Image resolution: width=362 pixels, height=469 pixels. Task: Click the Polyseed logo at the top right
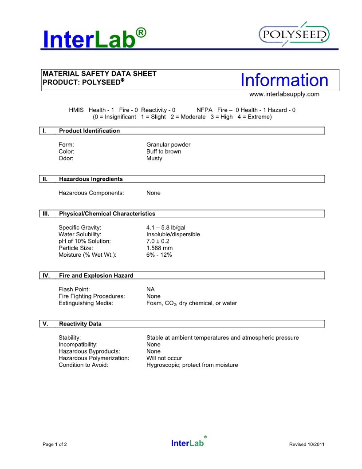[x=294, y=35]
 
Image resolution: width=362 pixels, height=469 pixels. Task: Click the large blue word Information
[x=284, y=80]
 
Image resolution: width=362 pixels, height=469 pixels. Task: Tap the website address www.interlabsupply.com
[x=284, y=94]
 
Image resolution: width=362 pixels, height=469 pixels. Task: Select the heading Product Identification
[x=89, y=131]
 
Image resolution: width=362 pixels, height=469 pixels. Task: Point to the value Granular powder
[x=168, y=145]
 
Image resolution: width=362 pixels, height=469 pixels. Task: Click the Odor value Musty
[x=154, y=159]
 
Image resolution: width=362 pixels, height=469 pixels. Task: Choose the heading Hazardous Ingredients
[x=91, y=179]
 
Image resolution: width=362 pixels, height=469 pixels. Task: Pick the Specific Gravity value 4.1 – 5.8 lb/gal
[x=166, y=227]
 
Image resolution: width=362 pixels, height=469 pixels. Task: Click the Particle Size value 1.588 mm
[x=160, y=248]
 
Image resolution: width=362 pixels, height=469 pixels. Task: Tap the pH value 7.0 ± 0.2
[x=158, y=241]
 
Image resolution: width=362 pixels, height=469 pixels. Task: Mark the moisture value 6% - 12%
[x=159, y=255]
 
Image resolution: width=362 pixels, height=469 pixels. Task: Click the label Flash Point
[x=74, y=289]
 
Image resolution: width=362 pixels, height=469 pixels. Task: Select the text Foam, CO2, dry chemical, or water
[x=192, y=303]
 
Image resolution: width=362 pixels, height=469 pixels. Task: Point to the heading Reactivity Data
[x=80, y=324]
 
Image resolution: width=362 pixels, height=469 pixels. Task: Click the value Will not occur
[x=164, y=358]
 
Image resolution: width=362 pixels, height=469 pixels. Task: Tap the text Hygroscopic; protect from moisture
[x=192, y=365]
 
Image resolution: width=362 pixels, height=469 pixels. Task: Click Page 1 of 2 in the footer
[x=55, y=444]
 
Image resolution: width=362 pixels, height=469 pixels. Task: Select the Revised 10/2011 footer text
[x=307, y=444]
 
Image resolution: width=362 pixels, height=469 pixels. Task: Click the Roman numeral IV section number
[x=46, y=275]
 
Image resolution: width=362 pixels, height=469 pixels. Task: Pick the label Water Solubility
[x=80, y=234]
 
